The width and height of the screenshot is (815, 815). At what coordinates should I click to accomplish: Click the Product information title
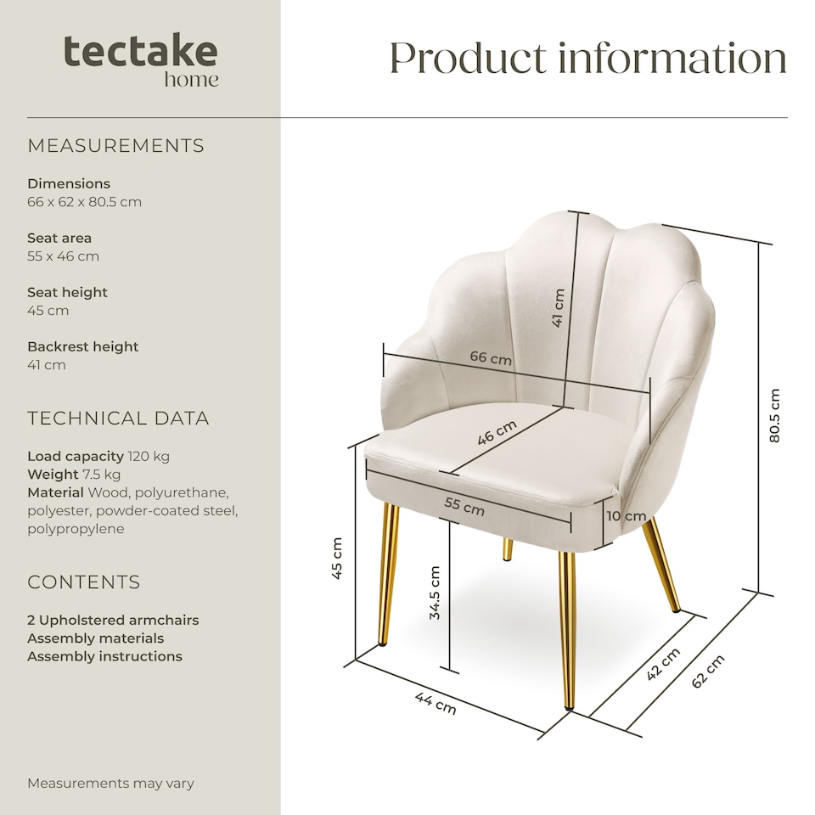(x=587, y=58)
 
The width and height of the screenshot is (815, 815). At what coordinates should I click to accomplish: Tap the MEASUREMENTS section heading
(x=115, y=146)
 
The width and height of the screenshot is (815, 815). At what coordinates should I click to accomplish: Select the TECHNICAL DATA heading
(x=118, y=419)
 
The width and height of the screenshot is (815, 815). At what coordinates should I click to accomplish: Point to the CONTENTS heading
(x=84, y=582)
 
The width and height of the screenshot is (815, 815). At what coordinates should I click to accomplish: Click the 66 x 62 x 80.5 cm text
(x=84, y=202)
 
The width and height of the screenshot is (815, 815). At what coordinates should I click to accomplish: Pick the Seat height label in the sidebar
(x=68, y=292)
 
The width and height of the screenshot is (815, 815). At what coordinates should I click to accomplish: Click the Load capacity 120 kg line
(x=98, y=456)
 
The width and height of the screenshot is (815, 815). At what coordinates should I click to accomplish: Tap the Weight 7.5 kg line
(x=74, y=474)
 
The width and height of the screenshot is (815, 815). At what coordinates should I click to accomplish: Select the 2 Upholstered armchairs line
(x=113, y=620)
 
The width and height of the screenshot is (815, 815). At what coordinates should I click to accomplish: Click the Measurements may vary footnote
(x=110, y=783)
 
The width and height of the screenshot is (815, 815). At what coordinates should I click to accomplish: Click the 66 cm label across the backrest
(x=491, y=358)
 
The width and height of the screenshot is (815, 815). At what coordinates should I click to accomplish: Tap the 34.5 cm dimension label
(x=435, y=593)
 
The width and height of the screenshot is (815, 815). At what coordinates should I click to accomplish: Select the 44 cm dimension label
(x=436, y=703)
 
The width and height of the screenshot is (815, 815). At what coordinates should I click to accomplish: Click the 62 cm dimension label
(x=708, y=672)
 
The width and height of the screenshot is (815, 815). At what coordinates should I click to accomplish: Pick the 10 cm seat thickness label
(x=627, y=516)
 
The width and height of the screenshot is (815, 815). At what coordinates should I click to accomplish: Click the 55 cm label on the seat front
(x=464, y=507)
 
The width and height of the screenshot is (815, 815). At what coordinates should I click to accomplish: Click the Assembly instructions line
(x=104, y=656)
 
